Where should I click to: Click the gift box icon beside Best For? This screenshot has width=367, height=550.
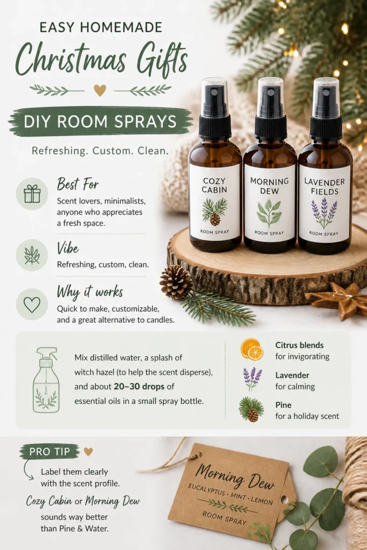click(32, 193)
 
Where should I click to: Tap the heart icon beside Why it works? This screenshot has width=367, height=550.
click(32, 305)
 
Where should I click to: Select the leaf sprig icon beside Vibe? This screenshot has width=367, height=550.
click(32, 255)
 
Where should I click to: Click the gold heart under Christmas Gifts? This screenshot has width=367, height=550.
click(100, 90)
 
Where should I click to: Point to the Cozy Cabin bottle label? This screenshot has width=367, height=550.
click(214, 202)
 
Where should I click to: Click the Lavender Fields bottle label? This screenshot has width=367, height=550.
click(324, 204)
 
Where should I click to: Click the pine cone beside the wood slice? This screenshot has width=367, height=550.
click(176, 281)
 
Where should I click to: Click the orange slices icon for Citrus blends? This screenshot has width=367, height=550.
click(252, 349)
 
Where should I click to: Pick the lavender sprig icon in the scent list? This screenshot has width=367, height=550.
click(252, 379)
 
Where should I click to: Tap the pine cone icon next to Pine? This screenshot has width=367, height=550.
click(251, 410)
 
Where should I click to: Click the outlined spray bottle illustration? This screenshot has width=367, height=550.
click(46, 380)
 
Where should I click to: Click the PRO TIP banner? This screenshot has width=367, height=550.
click(49, 451)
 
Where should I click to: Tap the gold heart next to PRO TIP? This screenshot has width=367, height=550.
click(89, 451)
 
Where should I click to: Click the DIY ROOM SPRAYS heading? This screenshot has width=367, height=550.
click(100, 122)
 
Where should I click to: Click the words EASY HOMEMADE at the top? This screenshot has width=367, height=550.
click(100, 27)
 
